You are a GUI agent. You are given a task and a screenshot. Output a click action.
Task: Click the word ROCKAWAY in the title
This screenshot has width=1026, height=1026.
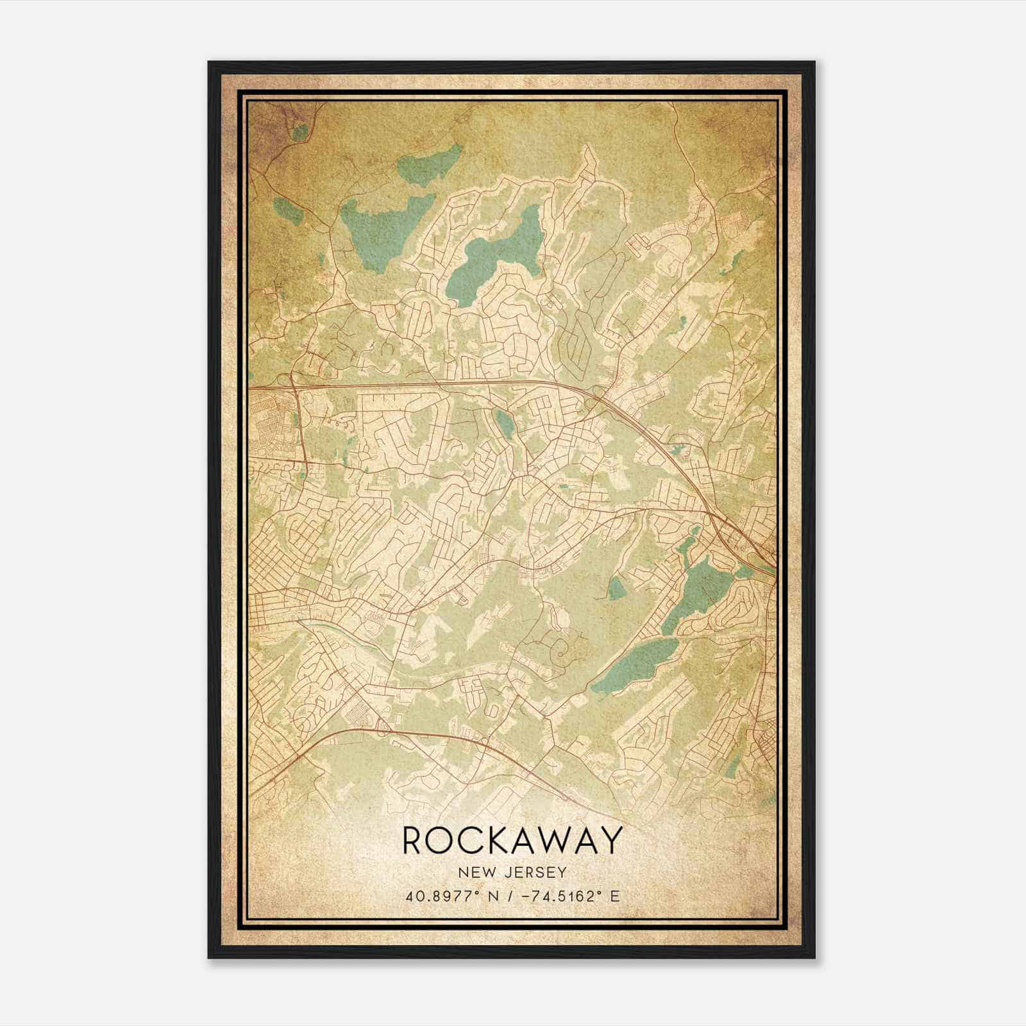[512, 840]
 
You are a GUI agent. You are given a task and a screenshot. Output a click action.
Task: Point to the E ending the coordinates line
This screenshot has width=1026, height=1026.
[614, 896]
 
